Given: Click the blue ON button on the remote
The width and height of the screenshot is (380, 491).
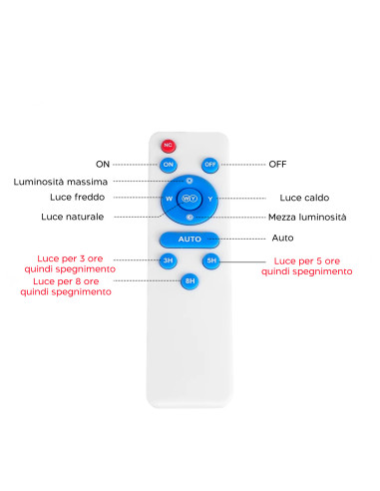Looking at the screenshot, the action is (x=169, y=164).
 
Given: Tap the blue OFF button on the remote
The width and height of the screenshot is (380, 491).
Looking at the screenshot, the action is (x=210, y=164).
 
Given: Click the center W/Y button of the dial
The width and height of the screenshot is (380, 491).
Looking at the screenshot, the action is (x=190, y=199).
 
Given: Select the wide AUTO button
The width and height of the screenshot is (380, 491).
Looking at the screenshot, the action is (x=190, y=240).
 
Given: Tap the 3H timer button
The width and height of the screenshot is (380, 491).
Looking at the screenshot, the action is (x=169, y=261).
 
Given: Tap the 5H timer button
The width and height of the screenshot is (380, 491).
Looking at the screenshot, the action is (x=210, y=261).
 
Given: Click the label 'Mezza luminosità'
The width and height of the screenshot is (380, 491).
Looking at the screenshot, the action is (x=308, y=217).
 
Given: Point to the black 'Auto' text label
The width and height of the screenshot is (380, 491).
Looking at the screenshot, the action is (x=283, y=239).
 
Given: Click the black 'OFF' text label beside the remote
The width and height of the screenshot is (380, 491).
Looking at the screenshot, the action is (x=278, y=163).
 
